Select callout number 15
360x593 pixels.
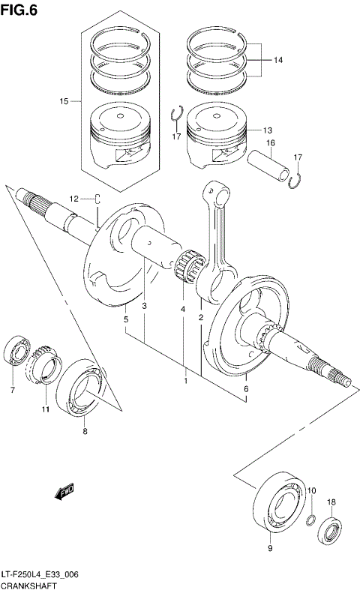[64, 100]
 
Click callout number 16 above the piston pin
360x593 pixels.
[270, 142]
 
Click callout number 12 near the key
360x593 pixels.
[74, 198]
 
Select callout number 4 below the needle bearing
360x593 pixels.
[181, 309]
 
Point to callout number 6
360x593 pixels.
[245, 390]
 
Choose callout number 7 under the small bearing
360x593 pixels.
[12, 390]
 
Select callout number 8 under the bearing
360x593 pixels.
[85, 432]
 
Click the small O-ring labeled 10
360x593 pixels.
[310, 520]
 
